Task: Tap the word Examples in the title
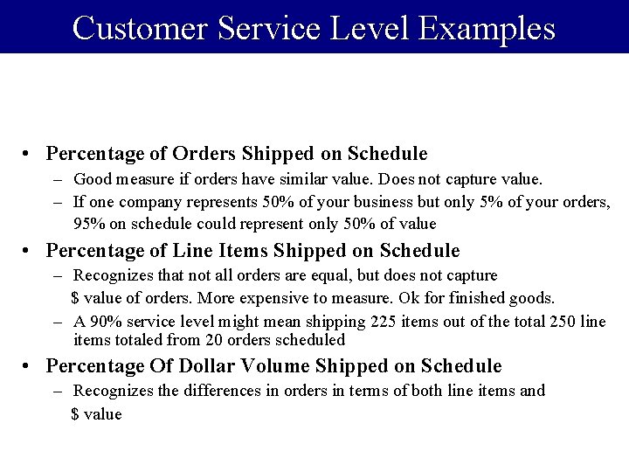(487, 28)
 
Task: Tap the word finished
(480, 298)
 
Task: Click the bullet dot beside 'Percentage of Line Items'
(29, 252)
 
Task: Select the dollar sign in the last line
(75, 414)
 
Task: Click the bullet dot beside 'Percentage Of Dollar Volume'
(29, 366)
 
